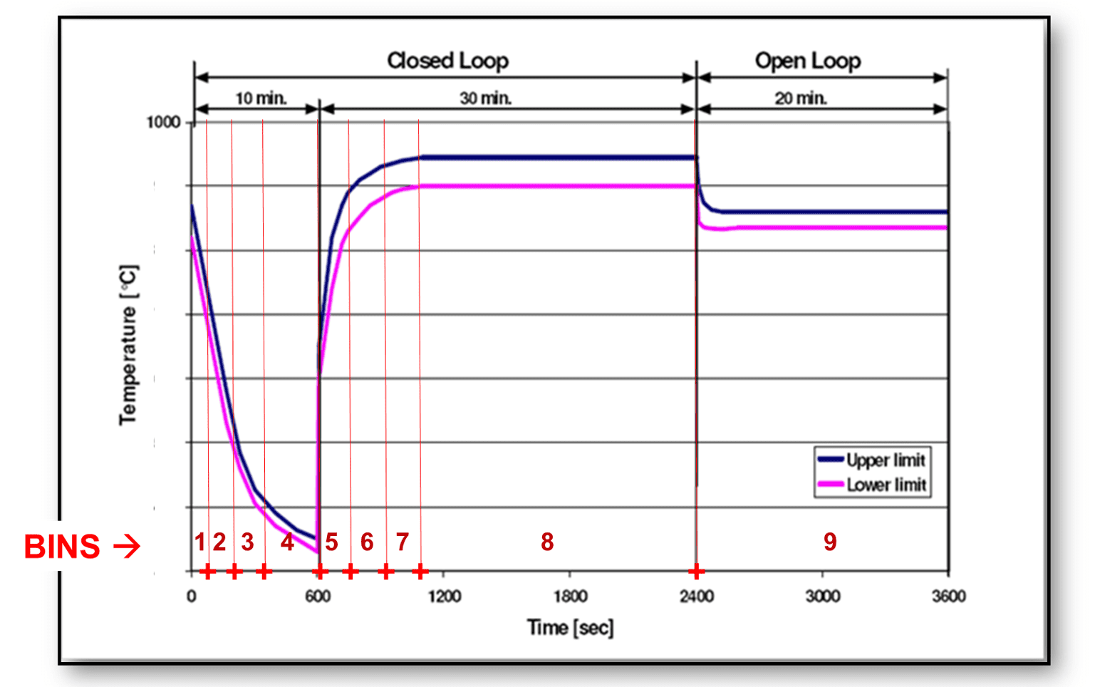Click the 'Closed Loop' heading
[447, 61]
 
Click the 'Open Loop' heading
[808, 61]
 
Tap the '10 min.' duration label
[261, 98]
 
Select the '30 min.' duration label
[485, 98]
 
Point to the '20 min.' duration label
[801, 98]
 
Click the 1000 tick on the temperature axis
[163, 123]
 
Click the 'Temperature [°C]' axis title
[128, 346]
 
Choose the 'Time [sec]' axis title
[570, 628]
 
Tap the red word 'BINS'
[62, 547]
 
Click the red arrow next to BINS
[127, 547]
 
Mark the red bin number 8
[547, 542]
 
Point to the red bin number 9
[830, 542]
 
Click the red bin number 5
[331, 542]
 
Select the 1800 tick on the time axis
[570, 596]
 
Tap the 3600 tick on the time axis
[948, 596]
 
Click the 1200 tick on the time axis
[444, 596]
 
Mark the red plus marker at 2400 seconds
[696, 571]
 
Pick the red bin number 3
[247, 542]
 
